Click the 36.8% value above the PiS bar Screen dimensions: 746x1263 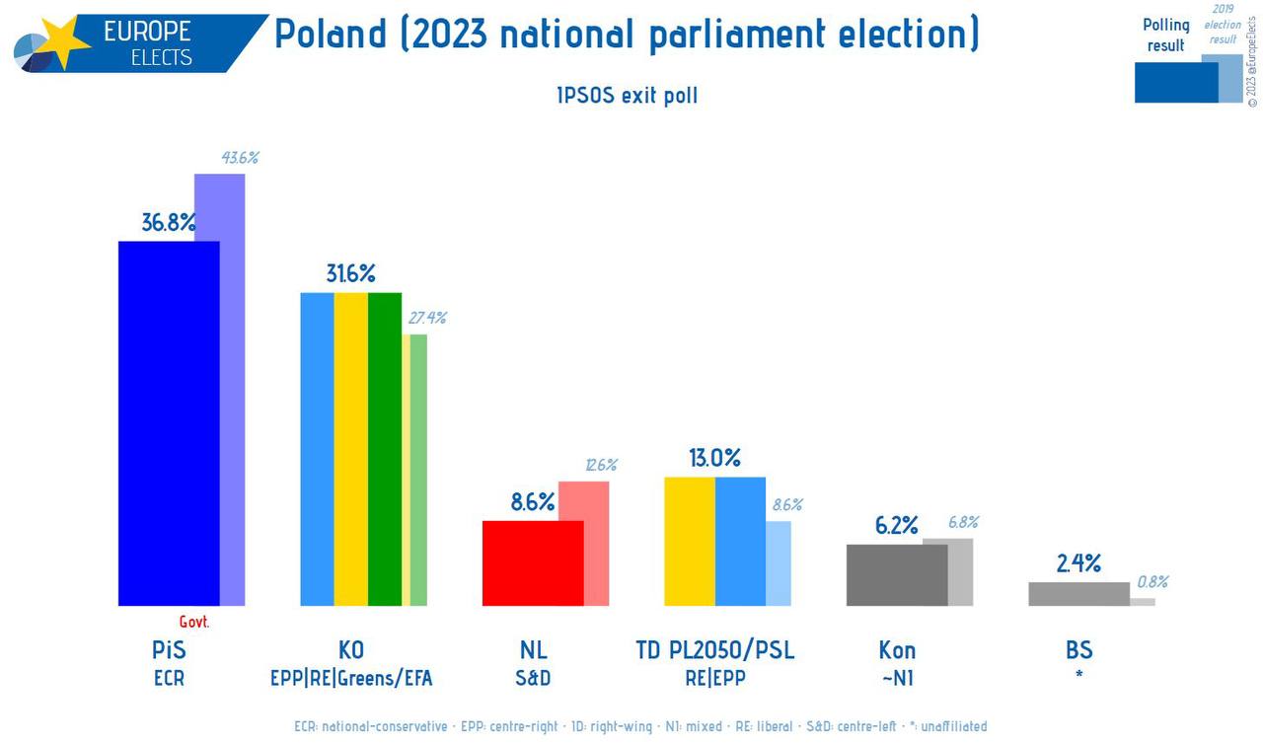click(x=168, y=223)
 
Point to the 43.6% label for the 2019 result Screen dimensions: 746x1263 click(x=240, y=158)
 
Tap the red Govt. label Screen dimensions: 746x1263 click(x=194, y=623)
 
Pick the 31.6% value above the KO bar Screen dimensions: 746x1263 click(x=351, y=274)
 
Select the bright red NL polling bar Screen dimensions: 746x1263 click(x=532, y=562)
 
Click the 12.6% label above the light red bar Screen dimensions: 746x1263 click(x=600, y=465)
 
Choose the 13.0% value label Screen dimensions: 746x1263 click(x=715, y=459)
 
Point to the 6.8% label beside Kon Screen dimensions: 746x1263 click(x=963, y=523)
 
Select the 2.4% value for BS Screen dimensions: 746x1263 click(x=1078, y=564)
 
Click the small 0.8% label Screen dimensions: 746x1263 click(x=1152, y=582)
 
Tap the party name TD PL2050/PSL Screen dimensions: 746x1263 click(x=715, y=650)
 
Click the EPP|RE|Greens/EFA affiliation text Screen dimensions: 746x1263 click(x=351, y=679)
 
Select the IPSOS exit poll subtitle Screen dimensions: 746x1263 click(x=627, y=97)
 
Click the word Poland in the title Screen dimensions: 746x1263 click(x=330, y=36)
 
